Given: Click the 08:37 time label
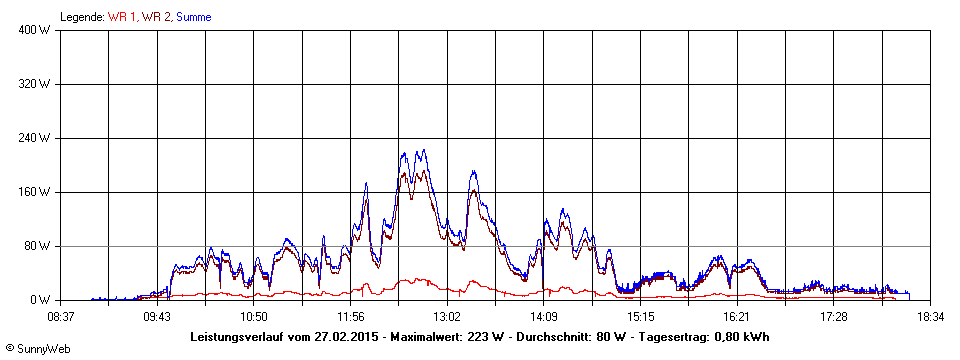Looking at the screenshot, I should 61,316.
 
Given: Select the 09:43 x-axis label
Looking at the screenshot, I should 157,316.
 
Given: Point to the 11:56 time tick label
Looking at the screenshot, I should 350,316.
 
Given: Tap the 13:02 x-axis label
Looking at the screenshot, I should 447,316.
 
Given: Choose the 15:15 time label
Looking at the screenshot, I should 641,316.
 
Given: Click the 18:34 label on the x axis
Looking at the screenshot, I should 931,316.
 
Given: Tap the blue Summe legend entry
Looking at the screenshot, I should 193,17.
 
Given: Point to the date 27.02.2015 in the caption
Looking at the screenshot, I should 360,336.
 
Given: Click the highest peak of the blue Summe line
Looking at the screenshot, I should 424,150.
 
